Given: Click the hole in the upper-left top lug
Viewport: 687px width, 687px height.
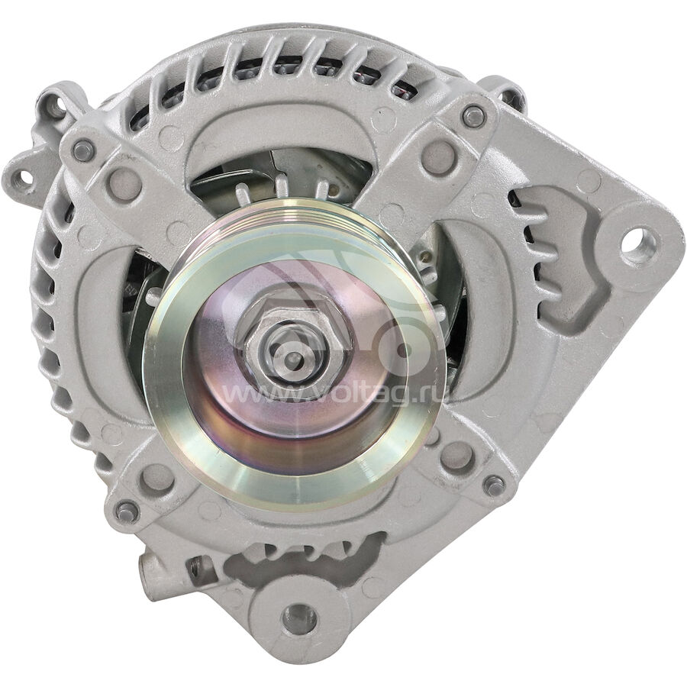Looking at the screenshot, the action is tap(55, 108).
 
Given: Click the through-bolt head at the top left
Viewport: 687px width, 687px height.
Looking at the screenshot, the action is tap(84, 150).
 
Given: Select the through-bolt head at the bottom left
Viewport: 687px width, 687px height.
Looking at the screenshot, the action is tap(127, 511).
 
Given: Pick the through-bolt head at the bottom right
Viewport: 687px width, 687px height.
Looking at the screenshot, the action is tap(495, 485).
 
